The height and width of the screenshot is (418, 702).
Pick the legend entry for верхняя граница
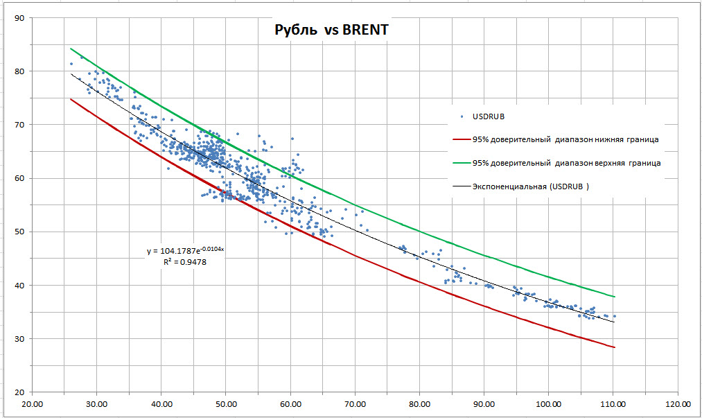(x=565, y=163)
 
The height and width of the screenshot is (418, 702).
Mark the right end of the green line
(x=615, y=297)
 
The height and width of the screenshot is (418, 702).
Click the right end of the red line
(x=615, y=347)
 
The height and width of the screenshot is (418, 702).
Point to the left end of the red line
(x=71, y=99)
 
